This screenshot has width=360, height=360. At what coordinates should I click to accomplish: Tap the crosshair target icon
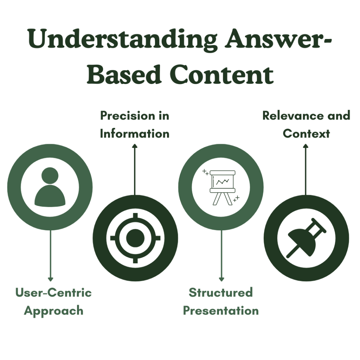point(135,238)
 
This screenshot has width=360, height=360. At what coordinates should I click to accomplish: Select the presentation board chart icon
point(221,186)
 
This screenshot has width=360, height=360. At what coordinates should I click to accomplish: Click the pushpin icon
point(306,238)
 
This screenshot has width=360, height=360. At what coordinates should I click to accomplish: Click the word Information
point(135,134)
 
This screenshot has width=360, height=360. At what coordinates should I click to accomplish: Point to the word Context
point(306,134)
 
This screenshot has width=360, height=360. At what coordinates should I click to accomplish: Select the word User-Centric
point(53,292)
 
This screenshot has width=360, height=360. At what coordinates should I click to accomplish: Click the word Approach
point(53,311)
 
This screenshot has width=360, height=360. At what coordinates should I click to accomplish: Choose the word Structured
point(221,292)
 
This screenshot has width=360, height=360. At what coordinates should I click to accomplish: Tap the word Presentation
point(221,311)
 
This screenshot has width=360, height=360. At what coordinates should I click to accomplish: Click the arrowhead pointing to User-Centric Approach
point(50,279)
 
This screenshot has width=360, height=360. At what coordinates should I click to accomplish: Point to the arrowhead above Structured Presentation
point(221,279)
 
